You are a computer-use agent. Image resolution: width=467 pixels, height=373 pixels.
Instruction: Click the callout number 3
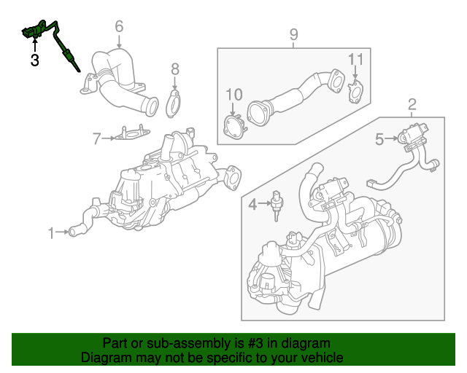click(x=34, y=60)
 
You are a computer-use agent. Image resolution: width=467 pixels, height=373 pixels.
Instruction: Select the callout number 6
click(x=119, y=28)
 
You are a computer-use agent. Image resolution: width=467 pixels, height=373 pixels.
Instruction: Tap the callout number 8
click(x=174, y=69)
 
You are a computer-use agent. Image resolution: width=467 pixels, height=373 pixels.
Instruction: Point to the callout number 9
click(x=293, y=34)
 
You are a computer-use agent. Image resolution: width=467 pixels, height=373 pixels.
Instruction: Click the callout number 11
click(x=355, y=58)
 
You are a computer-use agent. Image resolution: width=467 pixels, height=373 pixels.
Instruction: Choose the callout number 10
click(x=233, y=94)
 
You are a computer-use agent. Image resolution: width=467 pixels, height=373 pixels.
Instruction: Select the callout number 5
click(x=379, y=138)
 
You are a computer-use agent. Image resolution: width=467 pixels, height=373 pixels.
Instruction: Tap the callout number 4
click(x=252, y=205)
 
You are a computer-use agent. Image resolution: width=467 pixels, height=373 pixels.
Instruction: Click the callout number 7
click(x=96, y=137)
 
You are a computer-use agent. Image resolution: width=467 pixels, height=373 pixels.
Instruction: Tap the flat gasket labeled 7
click(x=131, y=134)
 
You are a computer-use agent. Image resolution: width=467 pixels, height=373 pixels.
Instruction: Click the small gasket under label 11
click(x=355, y=93)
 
